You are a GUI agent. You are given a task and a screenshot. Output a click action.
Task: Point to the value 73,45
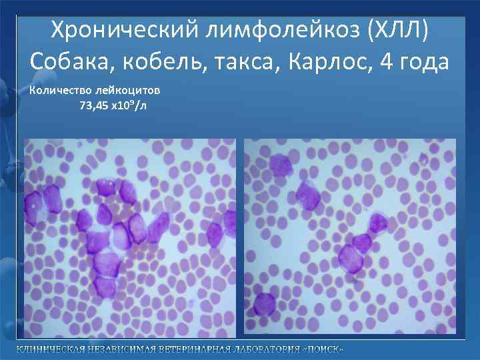(x=95, y=105)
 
